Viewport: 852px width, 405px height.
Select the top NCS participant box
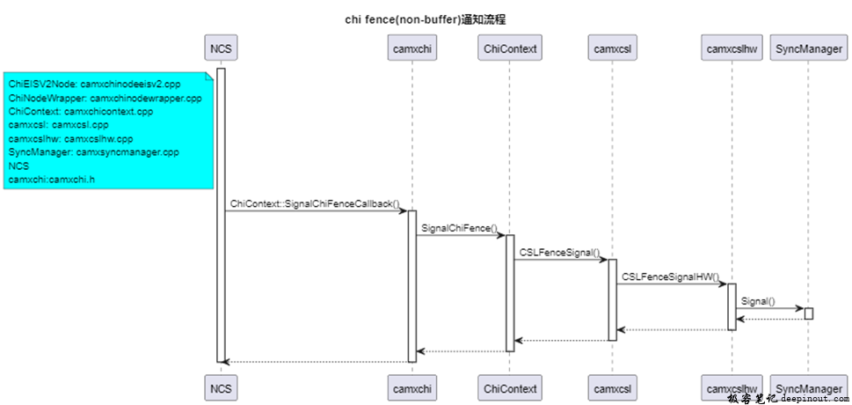pos(221,48)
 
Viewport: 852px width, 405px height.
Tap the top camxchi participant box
pos(411,48)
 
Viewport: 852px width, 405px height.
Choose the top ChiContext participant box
pos(510,48)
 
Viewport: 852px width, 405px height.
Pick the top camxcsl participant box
pos(613,48)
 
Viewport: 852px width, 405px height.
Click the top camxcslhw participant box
pos(732,48)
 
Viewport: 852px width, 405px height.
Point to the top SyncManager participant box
pos(808,48)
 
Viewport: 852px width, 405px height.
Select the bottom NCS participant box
pos(221,387)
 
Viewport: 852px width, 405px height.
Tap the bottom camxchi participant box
pos(411,387)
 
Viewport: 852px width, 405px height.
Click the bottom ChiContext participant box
pos(510,387)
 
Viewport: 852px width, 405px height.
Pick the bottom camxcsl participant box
pos(613,387)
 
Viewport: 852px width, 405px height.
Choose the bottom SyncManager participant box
pos(808,387)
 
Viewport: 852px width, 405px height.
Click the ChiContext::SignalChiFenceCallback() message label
pos(315,203)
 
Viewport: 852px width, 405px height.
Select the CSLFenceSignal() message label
pos(559,252)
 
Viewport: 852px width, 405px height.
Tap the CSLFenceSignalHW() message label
pos(670,276)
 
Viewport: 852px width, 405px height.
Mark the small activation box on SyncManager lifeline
pos(808,313)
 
